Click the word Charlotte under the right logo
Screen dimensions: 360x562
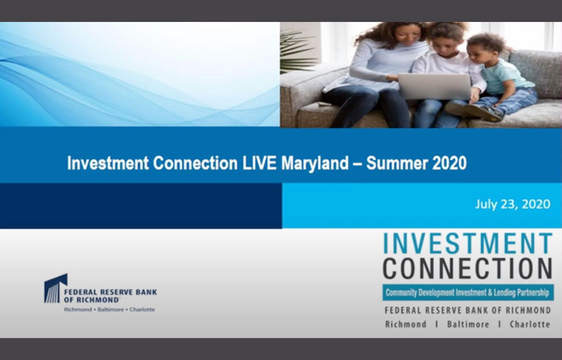pos(529,325)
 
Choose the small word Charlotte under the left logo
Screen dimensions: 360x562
pos(142,309)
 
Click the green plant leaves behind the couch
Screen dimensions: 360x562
pos(298,51)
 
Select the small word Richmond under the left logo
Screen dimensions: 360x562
pos(79,309)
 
